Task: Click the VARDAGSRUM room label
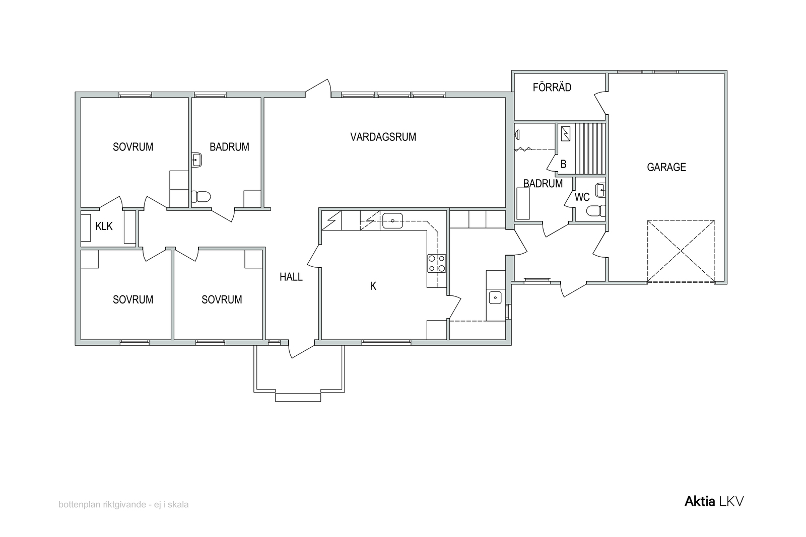coord(383,137)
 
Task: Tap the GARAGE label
coord(666,167)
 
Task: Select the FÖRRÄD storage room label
coord(552,88)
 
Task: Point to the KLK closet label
coord(104,226)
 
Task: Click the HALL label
coord(291,277)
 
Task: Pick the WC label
coord(582,197)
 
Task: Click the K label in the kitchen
coord(373,286)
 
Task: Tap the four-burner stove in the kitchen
coord(436,264)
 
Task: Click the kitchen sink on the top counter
coord(392,221)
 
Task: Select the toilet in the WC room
coord(595,211)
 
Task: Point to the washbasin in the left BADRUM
coord(197,160)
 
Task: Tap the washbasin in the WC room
coord(600,190)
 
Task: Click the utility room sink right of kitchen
coord(495,297)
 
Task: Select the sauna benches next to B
coord(590,149)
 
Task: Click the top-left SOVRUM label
coord(133,147)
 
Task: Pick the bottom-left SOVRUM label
coord(133,300)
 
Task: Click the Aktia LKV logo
coord(714,501)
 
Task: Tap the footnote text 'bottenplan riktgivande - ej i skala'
coord(123,504)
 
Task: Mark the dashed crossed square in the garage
coord(681,251)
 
